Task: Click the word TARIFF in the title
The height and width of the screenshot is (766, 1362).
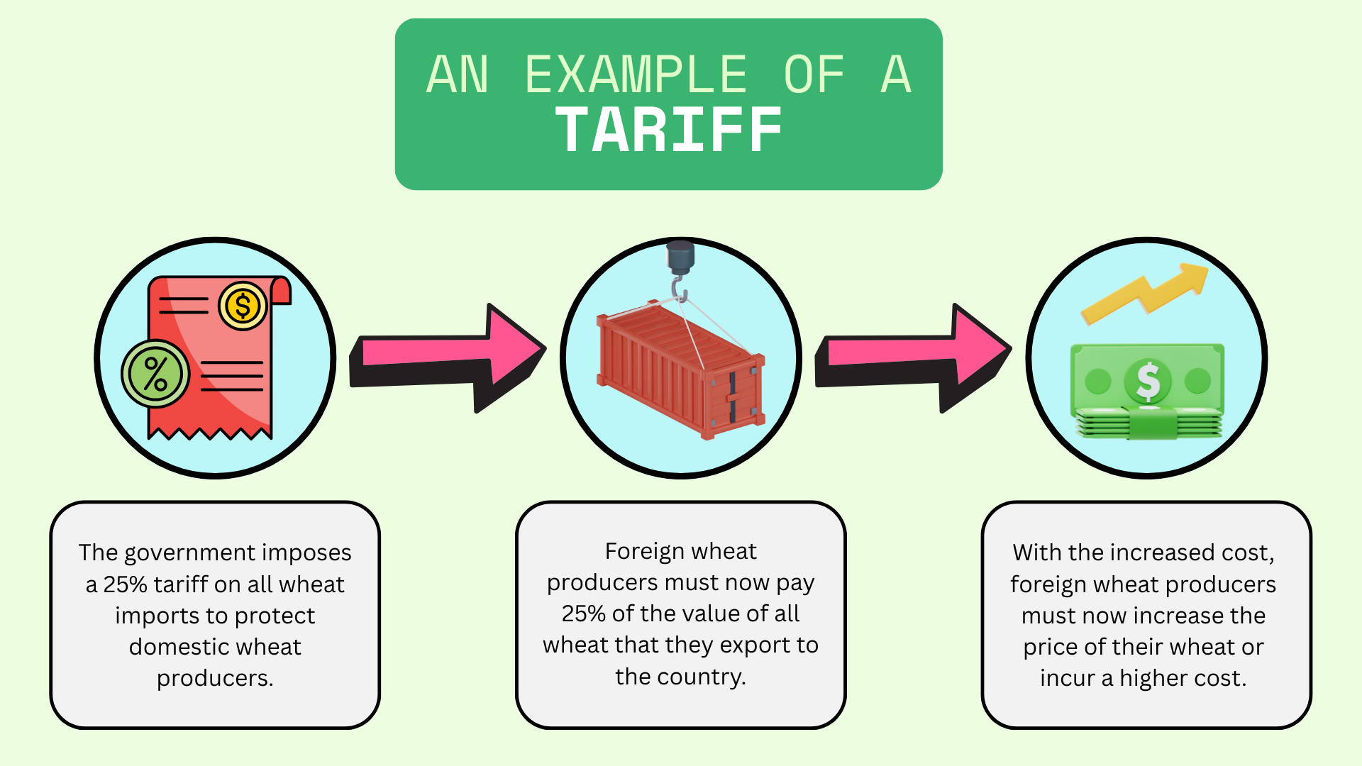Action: tap(669, 130)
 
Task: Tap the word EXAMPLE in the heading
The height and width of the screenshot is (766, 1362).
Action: tap(636, 74)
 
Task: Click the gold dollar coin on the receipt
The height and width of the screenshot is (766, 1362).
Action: tap(243, 306)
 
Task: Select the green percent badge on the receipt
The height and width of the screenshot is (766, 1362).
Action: tap(155, 374)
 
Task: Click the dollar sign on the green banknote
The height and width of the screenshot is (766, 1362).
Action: tap(1148, 381)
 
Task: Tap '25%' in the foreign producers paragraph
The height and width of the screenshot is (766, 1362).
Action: tap(584, 614)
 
